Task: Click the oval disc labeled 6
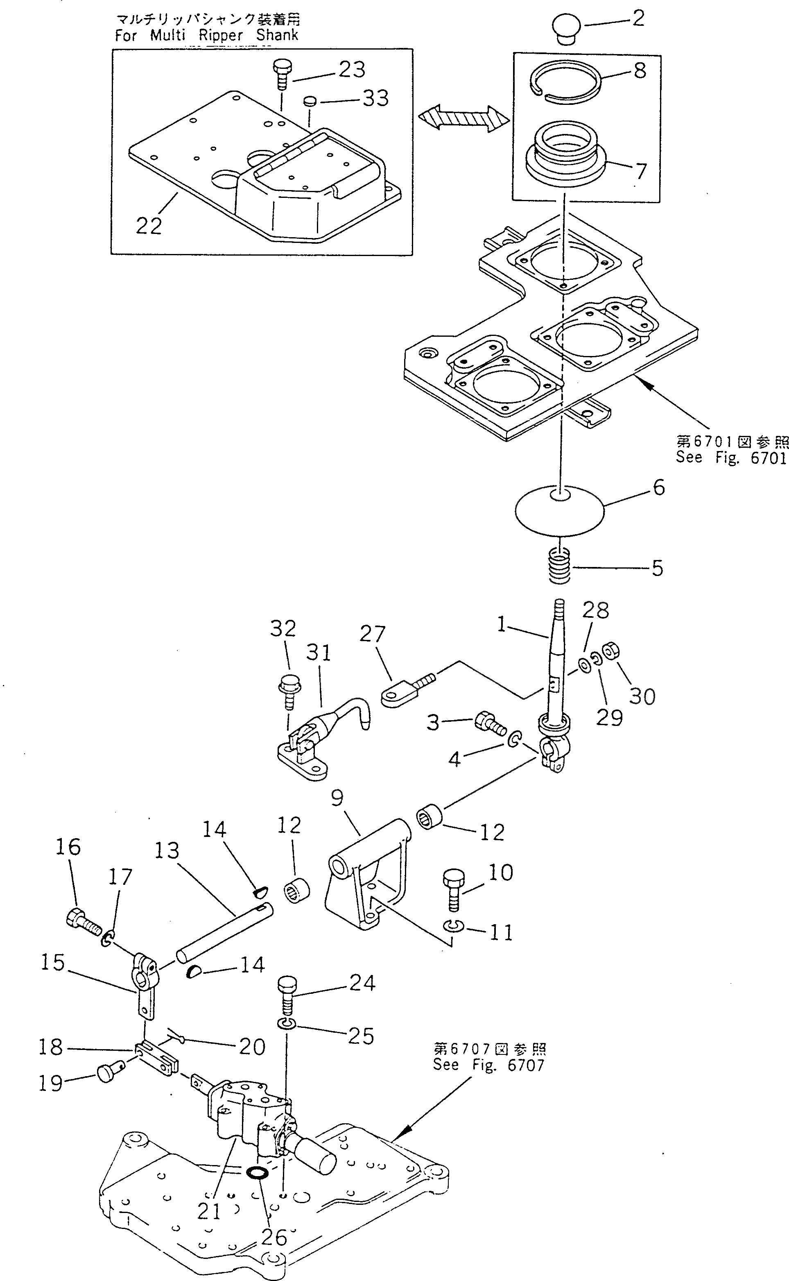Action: [559, 510]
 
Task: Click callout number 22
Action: [149, 226]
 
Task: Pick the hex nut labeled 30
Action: [611, 651]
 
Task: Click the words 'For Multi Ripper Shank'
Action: [207, 36]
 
